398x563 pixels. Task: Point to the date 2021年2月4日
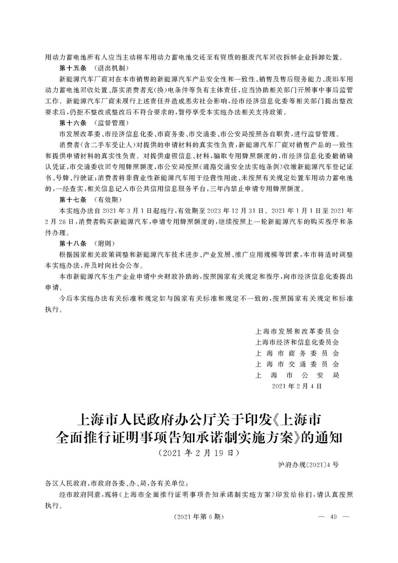click(296, 385)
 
